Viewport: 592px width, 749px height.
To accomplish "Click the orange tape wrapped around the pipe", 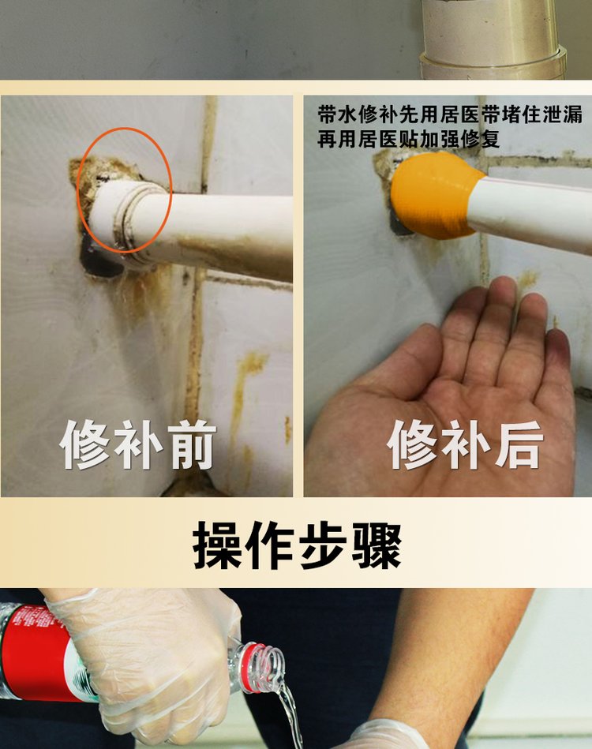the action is click(433, 196).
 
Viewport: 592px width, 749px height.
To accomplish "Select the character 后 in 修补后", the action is click(519, 445).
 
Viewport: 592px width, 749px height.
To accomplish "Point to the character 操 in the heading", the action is click(217, 545).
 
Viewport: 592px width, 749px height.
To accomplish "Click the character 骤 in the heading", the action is click(377, 545).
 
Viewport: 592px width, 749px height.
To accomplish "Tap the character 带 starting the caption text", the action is click(328, 115).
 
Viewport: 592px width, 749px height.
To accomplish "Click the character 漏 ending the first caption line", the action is click(573, 115).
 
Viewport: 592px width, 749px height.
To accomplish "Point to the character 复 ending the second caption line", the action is click(491, 139).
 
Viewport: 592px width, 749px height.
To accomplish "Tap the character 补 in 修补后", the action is click(465, 445).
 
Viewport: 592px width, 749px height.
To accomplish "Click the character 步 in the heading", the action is click(324, 545).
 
